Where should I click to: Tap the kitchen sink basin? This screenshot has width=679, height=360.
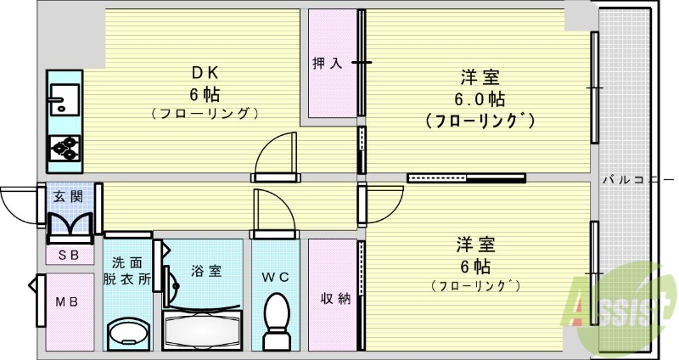(63, 100)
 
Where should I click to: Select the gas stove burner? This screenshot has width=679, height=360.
(64, 147)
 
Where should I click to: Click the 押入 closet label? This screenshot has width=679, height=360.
(328, 64)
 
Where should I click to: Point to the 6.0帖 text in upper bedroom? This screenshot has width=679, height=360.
(479, 98)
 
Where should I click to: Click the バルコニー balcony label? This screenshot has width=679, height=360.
(637, 180)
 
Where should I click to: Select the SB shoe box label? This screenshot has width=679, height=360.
(68, 254)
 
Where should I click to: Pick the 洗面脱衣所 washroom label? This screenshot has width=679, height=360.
(126, 270)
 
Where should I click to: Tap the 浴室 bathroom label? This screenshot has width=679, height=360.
(206, 271)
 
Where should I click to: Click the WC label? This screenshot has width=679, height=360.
(276, 276)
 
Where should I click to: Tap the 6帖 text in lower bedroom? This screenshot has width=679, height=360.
(477, 264)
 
